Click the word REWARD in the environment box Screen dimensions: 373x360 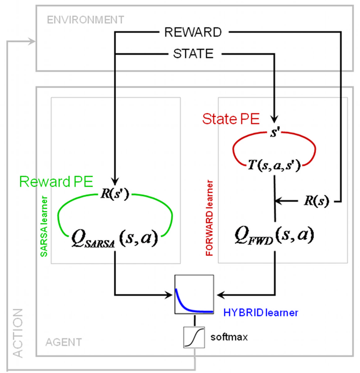pos(193,32)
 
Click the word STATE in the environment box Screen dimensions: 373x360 pos(193,54)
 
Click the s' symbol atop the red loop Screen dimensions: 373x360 pos(274,132)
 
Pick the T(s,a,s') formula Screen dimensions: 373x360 pos(274,167)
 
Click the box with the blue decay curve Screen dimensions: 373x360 pos(194,294)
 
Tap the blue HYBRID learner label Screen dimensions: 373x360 pos(261,313)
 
